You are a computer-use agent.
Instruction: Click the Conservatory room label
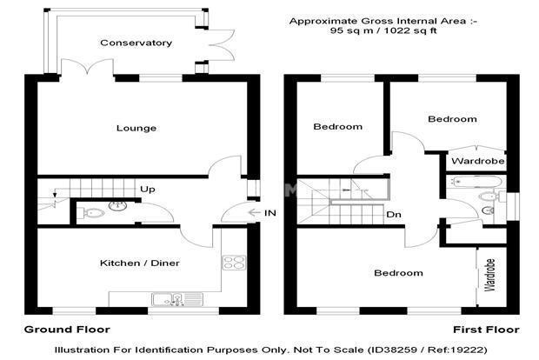coord(136,43)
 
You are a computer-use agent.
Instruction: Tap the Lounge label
coord(136,128)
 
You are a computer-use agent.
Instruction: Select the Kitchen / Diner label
coord(140,263)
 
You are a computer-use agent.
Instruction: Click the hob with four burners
coord(234,263)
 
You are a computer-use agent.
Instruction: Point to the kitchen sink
coord(177,299)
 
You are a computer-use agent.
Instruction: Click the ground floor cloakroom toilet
coord(90,213)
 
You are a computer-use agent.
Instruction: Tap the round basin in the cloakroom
coord(117,205)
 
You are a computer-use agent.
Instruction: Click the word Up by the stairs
coord(148,189)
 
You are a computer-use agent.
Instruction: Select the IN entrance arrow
coord(254,213)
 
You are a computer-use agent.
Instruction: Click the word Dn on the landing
coord(394,215)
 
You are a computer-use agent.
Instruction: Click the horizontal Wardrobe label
coord(478,161)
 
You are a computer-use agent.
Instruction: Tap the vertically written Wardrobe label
coord(489,275)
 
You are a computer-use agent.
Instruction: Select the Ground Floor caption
coord(67,330)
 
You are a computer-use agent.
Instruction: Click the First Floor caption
coord(486,330)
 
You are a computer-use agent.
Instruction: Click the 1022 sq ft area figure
coord(410,30)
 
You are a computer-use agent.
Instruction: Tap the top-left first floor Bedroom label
coord(338,127)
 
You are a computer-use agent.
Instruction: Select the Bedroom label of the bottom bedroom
coord(398,273)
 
